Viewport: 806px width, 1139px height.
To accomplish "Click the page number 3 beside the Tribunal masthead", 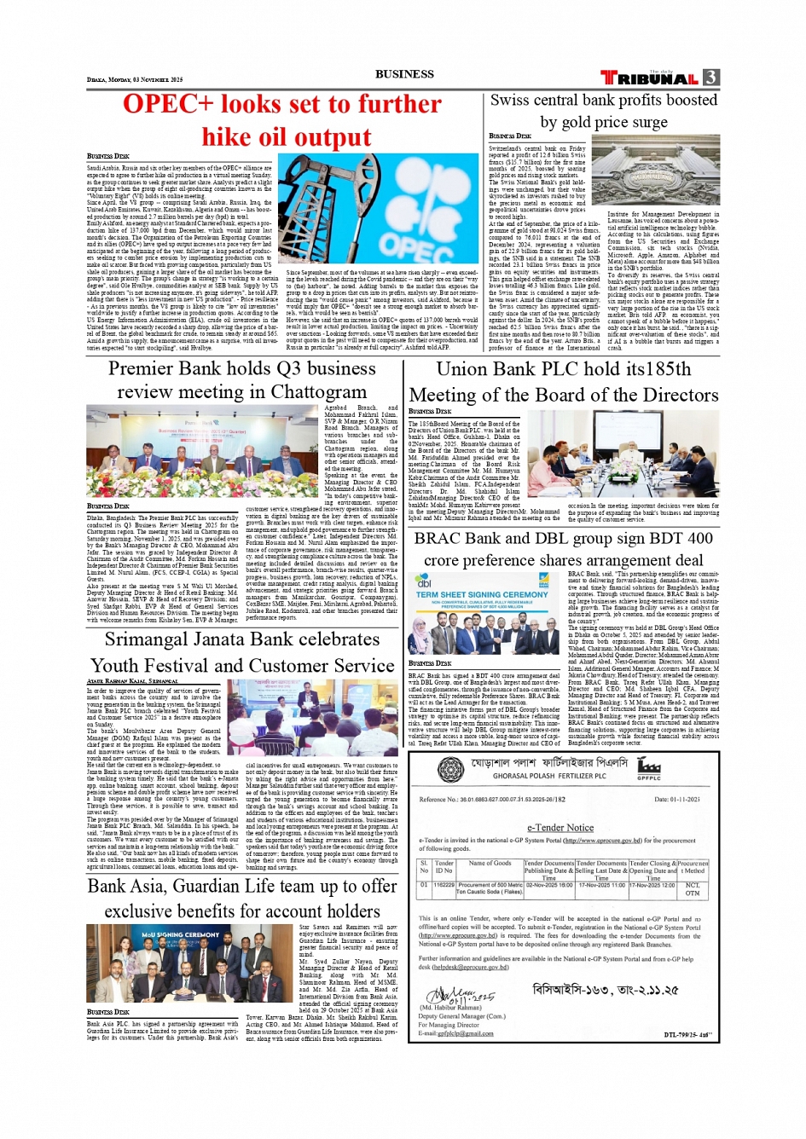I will click(710, 78).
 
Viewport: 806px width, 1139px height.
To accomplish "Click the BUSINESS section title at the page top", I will click(404, 74).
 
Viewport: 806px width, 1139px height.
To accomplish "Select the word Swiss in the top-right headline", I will click(510, 100).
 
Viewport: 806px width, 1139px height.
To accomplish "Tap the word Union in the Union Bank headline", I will click(461, 369).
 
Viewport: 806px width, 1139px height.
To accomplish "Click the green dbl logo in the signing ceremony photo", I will click(423, 581).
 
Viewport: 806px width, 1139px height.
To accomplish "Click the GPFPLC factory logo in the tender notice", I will click(648, 766).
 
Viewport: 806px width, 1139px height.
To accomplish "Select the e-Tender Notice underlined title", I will click(560, 827).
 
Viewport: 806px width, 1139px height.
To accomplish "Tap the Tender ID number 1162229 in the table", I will click(444, 885).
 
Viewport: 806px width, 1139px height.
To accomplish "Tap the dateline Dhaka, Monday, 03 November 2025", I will click(135, 79).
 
